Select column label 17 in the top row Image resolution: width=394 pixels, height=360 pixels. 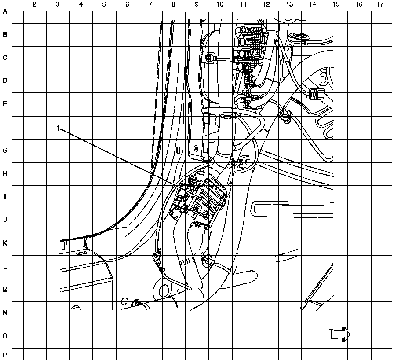pyautogui.click(x=380, y=4)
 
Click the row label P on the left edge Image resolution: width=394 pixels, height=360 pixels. pyautogui.click(x=5, y=355)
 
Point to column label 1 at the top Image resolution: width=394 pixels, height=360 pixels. pyautogui.click(x=15, y=4)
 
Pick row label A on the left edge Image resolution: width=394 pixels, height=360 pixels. pyautogui.click(x=5, y=12)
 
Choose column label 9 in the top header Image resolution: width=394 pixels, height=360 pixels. pyautogui.click(x=197, y=4)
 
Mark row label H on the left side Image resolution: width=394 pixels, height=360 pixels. pyautogui.click(x=5, y=174)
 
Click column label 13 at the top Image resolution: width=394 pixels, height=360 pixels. pyautogui.click(x=289, y=4)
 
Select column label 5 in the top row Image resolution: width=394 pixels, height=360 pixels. pyautogui.click(x=104, y=4)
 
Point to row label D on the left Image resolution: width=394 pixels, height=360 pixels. pyautogui.click(x=5, y=81)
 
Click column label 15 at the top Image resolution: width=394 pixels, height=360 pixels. pyautogui.click(x=336, y=4)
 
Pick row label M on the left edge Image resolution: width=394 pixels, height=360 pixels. pyautogui.click(x=5, y=290)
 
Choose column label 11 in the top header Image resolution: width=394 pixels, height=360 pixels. pyautogui.click(x=243, y=4)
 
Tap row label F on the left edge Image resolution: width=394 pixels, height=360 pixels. pyautogui.click(x=5, y=128)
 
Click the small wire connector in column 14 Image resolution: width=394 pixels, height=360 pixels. pyautogui.click(x=314, y=94)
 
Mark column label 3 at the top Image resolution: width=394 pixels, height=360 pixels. pyautogui.click(x=58, y=4)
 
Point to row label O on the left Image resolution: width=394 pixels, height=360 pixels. pyautogui.click(x=5, y=336)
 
